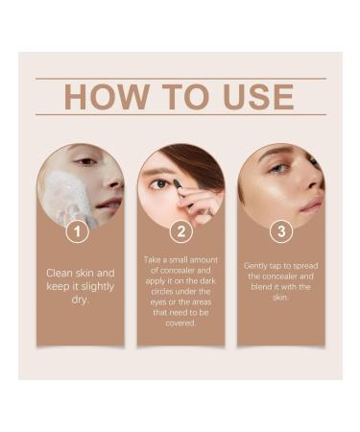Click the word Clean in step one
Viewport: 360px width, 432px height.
61,273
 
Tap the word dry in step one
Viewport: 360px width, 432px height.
81,300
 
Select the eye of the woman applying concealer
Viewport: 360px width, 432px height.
163,183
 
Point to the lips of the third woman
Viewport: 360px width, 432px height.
312,204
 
